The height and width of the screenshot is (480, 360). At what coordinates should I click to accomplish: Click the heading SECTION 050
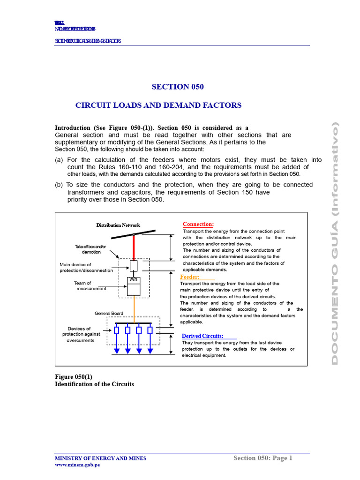click(178, 87)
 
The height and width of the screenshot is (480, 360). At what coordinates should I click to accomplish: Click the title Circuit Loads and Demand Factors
click(158, 105)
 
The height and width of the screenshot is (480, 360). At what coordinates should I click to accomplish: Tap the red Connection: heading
click(198, 225)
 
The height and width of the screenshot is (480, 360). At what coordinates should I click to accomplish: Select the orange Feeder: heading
click(190, 277)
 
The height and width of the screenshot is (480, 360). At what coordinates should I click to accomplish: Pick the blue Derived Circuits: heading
click(202, 336)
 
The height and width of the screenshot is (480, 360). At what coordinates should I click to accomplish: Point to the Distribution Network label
click(118, 225)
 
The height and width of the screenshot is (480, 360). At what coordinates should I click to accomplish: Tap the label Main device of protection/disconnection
click(86, 268)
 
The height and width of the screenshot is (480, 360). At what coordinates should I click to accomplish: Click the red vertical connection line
click(134, 247)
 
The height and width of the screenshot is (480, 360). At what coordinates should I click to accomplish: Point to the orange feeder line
click(134, 309)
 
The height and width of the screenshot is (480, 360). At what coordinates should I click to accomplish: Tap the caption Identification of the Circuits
click(94, 384)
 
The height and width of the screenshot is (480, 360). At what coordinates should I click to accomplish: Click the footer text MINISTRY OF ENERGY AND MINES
click(100, 458)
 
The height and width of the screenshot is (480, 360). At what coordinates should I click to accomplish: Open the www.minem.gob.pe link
click(77, 465)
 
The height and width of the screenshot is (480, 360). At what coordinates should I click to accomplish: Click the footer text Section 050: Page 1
click(262, 458)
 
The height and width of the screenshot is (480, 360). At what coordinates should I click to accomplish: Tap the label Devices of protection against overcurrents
click(79, 335)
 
